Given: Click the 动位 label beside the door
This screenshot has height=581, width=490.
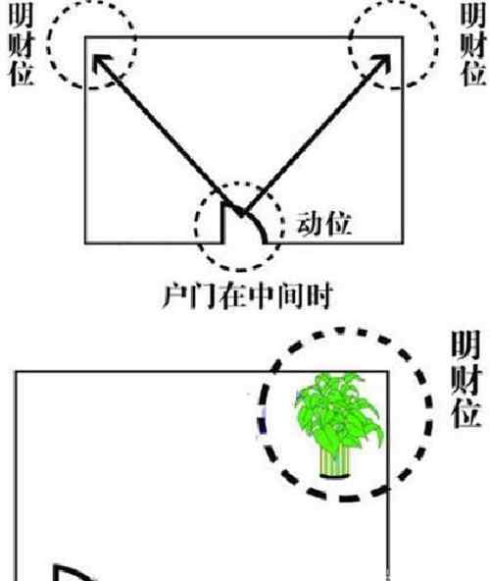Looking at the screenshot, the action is pos(323,224).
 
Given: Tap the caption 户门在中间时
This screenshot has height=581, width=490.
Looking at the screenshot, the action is pos(248,296).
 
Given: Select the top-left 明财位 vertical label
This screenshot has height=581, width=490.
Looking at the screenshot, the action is pos(22,45).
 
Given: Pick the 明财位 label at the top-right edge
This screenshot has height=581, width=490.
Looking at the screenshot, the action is pos(472,45).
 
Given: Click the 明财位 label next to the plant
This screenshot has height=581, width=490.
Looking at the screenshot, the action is pos(465,379).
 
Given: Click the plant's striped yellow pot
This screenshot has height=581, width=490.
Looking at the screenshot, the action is pos(334,461).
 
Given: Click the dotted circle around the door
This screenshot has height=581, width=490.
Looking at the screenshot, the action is pos(196,226).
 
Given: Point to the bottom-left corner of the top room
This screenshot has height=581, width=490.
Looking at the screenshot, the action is pos(85,243).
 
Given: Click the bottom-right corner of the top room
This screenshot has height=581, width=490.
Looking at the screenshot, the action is pos(403,243).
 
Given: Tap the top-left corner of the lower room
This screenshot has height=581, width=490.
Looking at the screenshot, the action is pos(16,371).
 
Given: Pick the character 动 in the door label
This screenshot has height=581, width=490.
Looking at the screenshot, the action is pos(310,224).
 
